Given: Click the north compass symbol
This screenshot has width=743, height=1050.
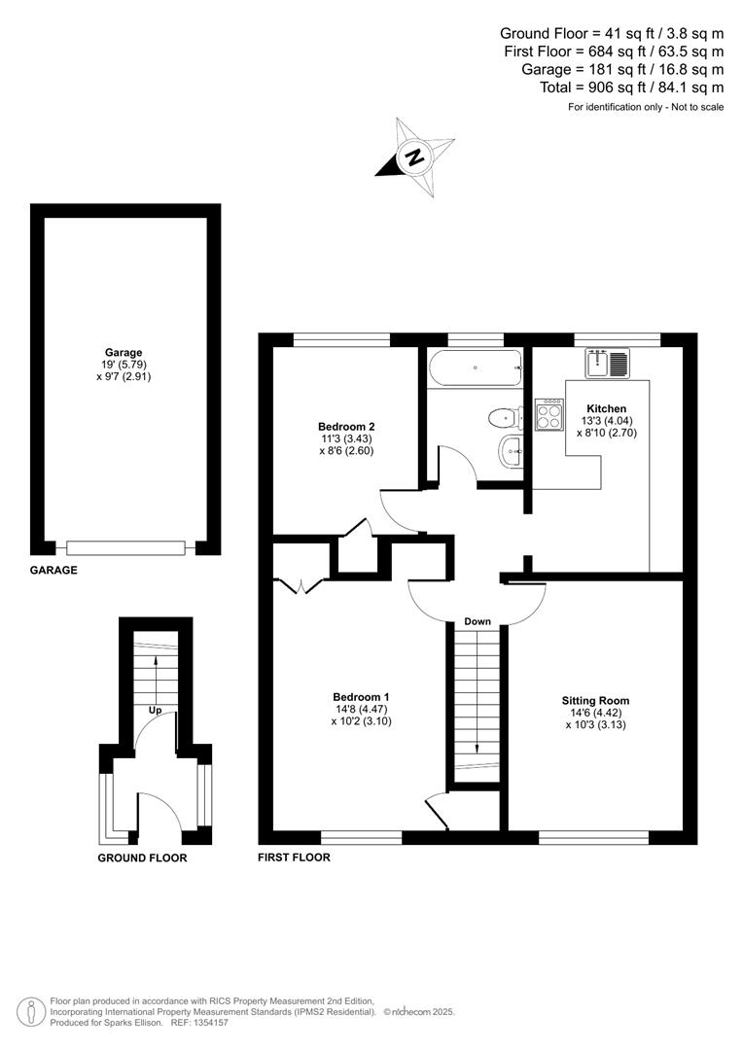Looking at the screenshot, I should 415,156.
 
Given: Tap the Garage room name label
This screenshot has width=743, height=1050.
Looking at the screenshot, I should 124,353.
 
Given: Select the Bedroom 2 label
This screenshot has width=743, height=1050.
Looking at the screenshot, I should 346,427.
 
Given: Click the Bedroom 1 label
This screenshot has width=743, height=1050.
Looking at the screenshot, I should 361,696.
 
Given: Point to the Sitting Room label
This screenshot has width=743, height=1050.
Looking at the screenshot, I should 594,700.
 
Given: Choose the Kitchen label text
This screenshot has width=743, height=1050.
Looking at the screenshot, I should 606,408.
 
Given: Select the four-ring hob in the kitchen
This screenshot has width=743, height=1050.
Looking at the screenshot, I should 548,416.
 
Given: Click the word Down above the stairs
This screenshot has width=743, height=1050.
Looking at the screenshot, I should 477,621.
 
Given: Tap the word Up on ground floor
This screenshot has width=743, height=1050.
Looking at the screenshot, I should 155,711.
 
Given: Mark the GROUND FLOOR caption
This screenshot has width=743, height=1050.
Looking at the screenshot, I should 142,858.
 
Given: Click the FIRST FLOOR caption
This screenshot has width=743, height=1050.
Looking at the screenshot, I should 294,857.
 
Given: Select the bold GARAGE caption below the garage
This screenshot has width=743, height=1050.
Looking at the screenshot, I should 53,571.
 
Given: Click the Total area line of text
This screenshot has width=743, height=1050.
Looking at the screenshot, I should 631,87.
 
